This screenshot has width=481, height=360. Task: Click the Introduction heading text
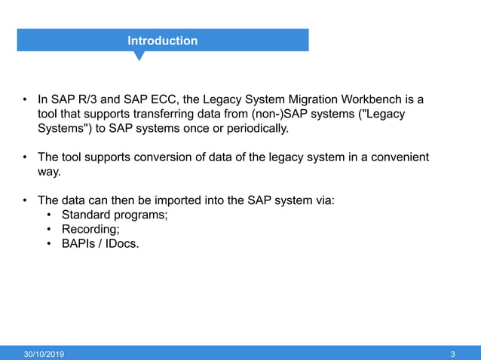coord(162,41)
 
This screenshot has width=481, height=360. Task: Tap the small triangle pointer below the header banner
coord(139,56)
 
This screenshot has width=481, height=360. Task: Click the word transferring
coord(151,114)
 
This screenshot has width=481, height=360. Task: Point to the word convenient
coord(397,157)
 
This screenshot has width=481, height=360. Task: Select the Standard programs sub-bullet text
coord(115,215)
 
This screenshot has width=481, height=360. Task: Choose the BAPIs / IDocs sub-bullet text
coord(100,243)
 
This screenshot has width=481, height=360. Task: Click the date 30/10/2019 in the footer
coord(44,354)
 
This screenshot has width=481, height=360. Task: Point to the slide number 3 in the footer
coord(452,354)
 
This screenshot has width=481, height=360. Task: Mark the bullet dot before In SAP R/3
coord(25,99)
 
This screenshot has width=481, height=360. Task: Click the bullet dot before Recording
coord(49,229)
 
